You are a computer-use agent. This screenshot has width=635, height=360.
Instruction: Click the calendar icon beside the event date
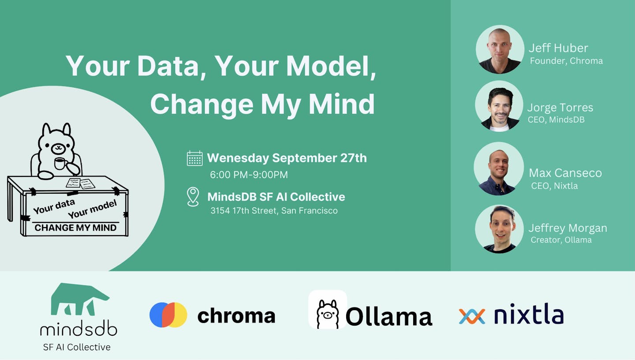coord(195,158)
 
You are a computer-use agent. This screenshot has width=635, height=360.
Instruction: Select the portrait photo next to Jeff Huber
coord(500,49)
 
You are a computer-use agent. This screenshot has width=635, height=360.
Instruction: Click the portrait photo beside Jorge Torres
coord(499,106)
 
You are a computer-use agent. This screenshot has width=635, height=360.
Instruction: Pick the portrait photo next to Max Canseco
coord(499,169)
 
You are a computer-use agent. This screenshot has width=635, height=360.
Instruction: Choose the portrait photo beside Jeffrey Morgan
coord(499,229)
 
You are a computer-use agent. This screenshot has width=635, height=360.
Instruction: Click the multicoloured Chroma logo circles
coord(168,315)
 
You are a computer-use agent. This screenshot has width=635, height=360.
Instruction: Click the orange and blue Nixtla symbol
coord(472,316)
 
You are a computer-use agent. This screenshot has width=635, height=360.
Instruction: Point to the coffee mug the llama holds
coord(60,164)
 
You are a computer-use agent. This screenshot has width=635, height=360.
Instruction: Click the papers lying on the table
coord(80,184)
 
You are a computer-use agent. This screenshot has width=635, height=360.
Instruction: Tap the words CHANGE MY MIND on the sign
coord(75,228)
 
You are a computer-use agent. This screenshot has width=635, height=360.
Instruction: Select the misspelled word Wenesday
coord(238,158)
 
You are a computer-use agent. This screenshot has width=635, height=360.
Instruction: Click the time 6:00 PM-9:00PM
coord(249,174)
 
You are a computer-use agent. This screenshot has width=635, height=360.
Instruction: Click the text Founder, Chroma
coord(566,61)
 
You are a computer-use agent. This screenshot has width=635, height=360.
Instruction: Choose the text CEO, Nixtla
coord(554,186)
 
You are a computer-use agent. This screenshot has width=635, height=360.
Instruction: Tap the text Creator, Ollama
coord(561,240)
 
